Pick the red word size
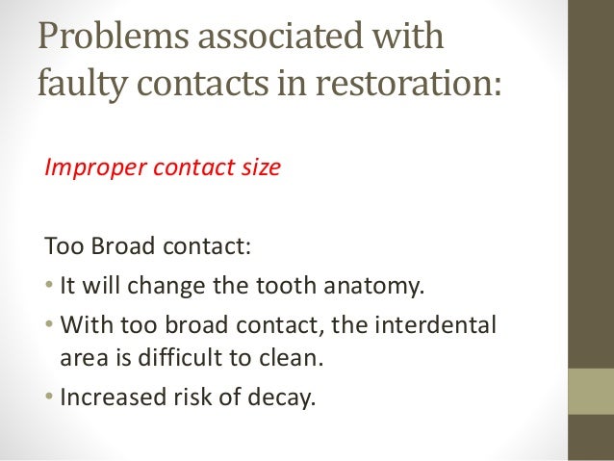(259, 167)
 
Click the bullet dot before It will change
(49, 285)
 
